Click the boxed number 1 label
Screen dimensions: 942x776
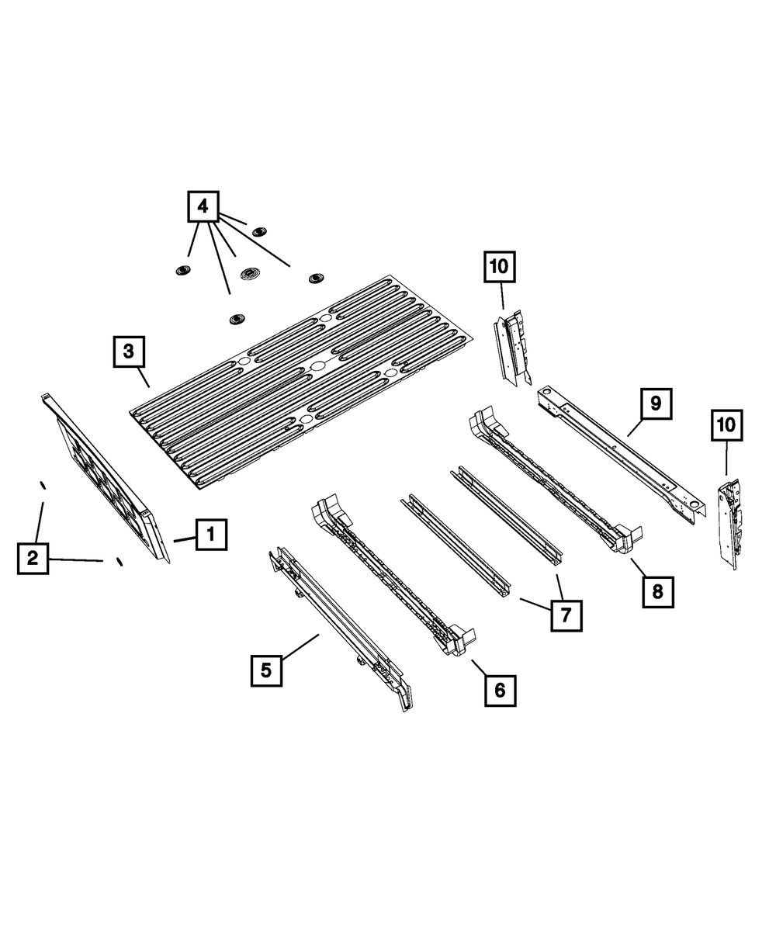[211, 535]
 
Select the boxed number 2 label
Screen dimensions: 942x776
[33, 558]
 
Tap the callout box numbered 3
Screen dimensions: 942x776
[128, 351]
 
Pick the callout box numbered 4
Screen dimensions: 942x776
[203, 206]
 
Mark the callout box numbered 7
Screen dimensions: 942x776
[566, 615]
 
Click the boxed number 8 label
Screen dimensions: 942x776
[657, 592]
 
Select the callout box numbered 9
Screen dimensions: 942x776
[656, 404]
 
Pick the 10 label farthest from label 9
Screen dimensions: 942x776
[499, 267]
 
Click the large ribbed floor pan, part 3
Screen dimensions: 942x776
[303, 380]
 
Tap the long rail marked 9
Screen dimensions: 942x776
[621, 450]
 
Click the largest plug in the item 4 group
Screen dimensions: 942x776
[251, 275]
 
